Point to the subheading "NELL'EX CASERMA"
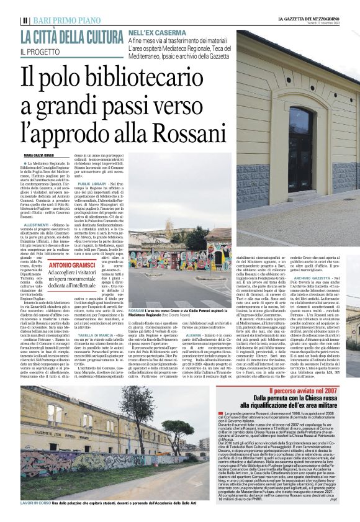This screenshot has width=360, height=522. [x=153, y=30]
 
